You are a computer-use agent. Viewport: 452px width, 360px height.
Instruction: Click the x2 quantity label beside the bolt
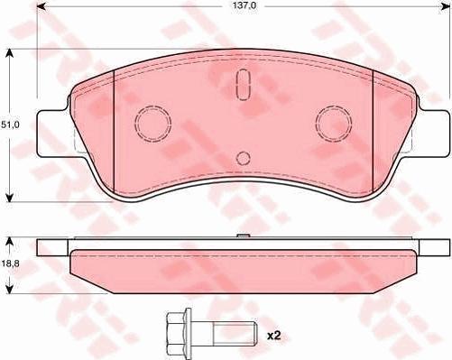click(x=273, y=335)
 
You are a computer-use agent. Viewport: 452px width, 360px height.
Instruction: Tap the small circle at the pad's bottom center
click(x=242, y=158)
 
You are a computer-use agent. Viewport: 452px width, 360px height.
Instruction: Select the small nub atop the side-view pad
click(x=242, y=237)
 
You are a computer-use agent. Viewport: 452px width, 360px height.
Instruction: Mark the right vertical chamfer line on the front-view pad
click(x=373, y=131)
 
